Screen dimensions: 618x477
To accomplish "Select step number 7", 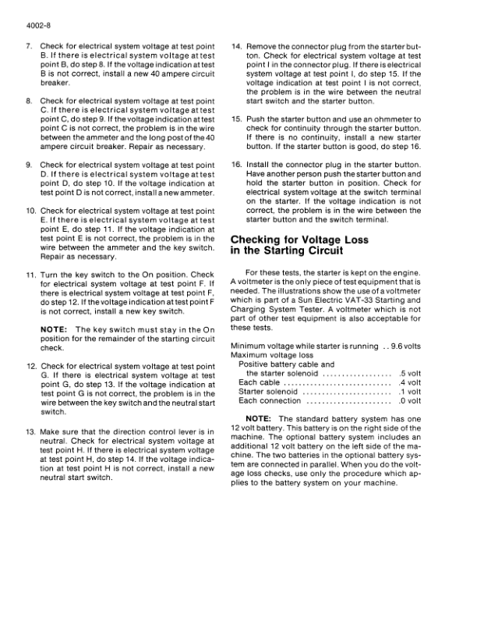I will click(30, 47).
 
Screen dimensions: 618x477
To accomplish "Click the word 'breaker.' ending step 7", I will click(55, 83).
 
